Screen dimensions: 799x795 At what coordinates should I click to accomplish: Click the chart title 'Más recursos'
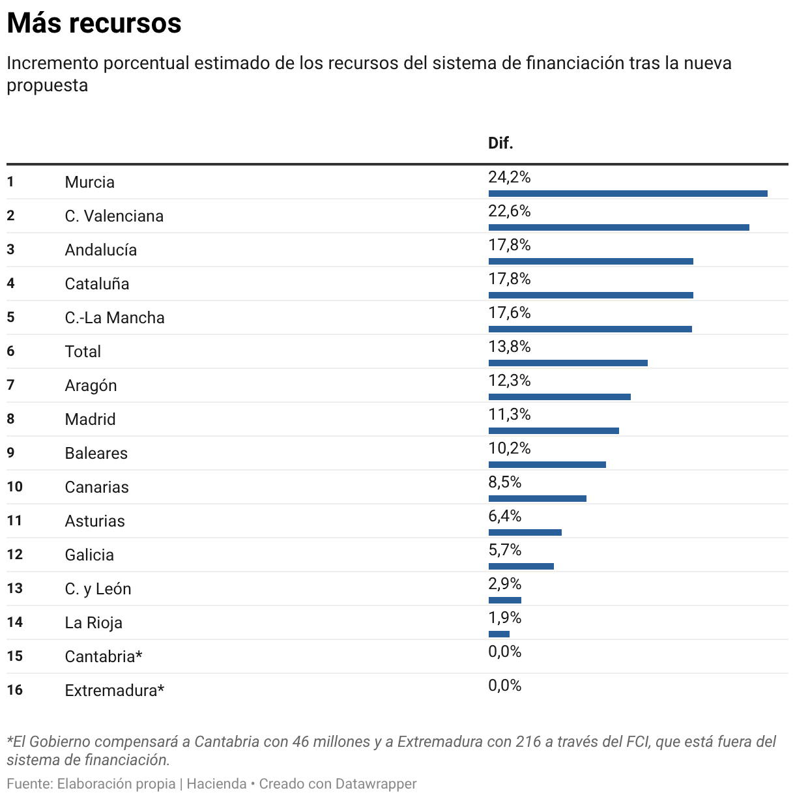[x=94, y=23]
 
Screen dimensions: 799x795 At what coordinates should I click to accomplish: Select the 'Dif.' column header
[x=500, y=143]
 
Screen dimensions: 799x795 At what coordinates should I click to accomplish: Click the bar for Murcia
[x=628, y=193]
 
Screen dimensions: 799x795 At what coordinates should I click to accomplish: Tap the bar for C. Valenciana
[x=618, y=227]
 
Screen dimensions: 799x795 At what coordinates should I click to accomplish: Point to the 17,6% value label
[x=510, y=313]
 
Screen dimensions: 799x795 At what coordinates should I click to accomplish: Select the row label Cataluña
[x=97, y=284]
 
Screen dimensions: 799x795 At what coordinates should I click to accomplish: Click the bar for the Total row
[x=568, y=362]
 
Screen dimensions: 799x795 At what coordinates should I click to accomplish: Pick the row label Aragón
[x=91, y=386]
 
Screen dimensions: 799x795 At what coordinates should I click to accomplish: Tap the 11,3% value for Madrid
[x=510, y=414]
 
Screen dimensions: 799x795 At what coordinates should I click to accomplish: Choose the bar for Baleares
[x=547, y=464]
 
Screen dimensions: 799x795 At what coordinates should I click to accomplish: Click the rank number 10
[x=15, y=487]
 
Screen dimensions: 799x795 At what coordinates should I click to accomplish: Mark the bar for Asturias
[x=525, y=532]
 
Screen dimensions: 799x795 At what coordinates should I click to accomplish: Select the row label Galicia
[x=89, y=555]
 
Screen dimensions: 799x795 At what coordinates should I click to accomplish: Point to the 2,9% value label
[x=505, y=584]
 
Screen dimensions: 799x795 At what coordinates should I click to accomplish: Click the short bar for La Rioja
[x=499, y=633]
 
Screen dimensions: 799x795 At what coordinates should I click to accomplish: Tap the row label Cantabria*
[x=104, y=657]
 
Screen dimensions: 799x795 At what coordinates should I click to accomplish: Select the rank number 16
[x=15, y=690]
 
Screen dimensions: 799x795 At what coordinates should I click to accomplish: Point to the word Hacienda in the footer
[x=216, y=783]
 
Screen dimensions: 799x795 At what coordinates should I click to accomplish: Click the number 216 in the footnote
[x=527, y=742]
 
